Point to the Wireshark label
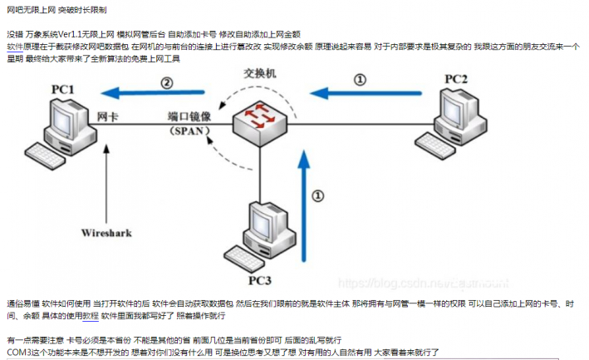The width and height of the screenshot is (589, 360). tap(106, 234)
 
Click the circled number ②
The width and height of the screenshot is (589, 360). tap(167, 81)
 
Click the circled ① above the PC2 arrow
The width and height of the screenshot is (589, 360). tap(359, 80)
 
